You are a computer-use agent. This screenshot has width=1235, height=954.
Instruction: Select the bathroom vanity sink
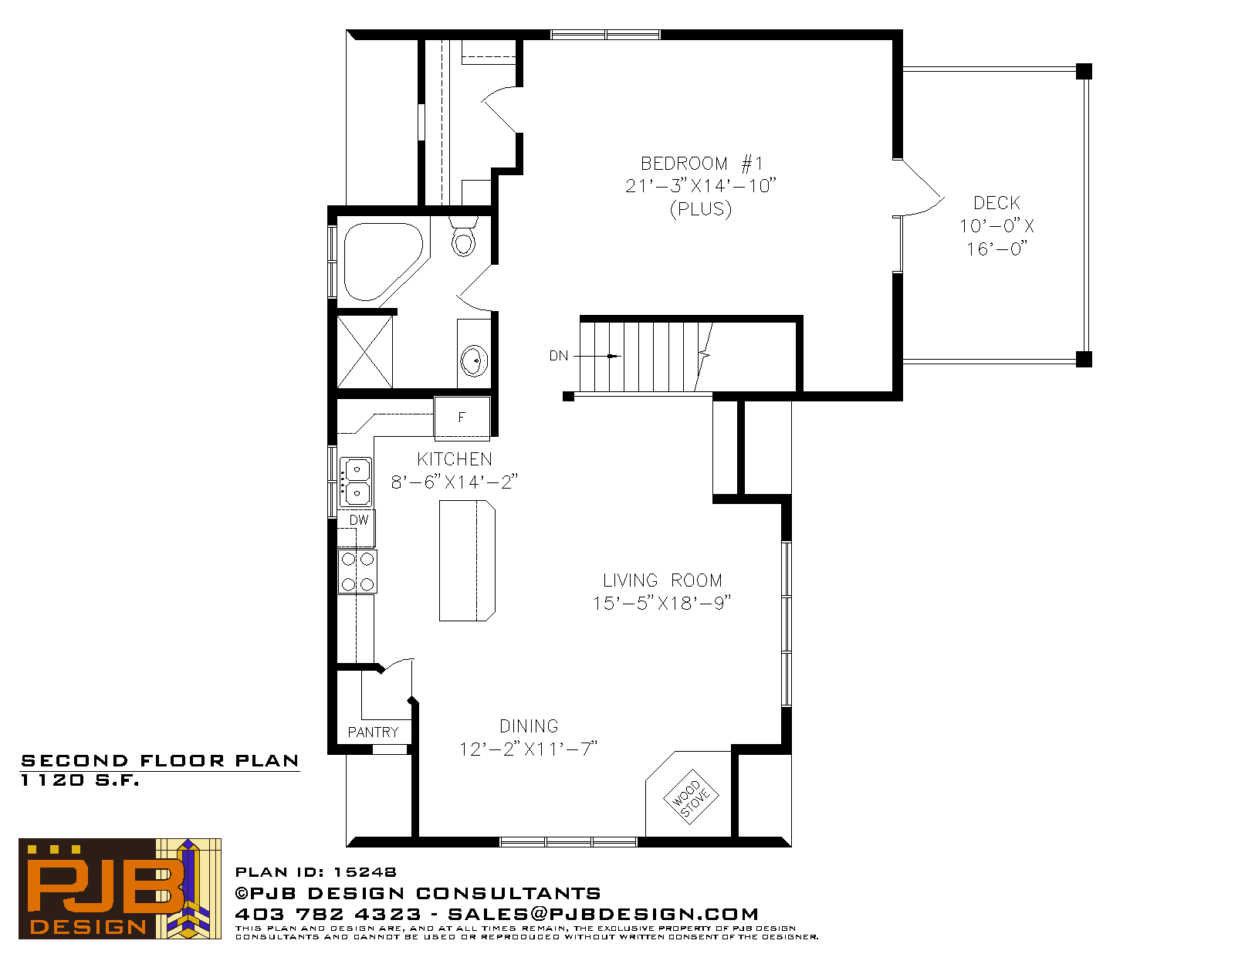pyautogui.click(x=474, y=360)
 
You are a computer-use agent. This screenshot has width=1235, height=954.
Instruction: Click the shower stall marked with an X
pyautogui.click(x=365, y=352)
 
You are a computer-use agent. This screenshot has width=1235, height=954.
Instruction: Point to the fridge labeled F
pyautogui.click(x=462, y=418)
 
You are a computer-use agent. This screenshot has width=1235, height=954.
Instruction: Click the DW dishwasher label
pyautogui.click(x=359, y=520)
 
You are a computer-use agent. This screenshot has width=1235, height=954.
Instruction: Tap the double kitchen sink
pyautogui.click(x=356, y=482)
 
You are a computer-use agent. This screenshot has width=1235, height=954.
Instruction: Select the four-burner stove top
pyautogui.click(x=357, y=572)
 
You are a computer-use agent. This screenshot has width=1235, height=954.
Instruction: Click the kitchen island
pyautogui.click(x=467, y=561)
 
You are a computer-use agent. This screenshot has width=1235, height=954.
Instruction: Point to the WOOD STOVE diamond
pyautogui.click(x=691, y=797)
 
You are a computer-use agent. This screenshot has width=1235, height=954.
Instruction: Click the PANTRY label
pyautogui.click(x=373, y=732)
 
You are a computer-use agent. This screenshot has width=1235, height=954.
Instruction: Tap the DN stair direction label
pyautogui.click(x=559, y=356)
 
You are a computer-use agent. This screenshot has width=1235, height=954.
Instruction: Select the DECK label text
pyautogui.click(x=996, y=203)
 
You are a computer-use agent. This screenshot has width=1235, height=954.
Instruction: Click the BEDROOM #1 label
pyautogui.click(x=702, y=164)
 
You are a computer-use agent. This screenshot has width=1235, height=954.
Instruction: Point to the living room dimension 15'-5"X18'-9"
pyautogui.click(x=662, y=603)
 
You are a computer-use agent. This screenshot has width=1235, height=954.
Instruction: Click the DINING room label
pyautogui.click(x=530, y=726)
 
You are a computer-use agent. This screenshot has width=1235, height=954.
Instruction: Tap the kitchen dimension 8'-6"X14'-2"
pyautogui.click(x=455, y=482)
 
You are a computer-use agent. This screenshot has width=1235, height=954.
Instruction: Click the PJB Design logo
pyautogui.click(x=120, y=888)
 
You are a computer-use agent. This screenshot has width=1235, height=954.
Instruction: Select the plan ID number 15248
pyautogui.click(x=365, y=872)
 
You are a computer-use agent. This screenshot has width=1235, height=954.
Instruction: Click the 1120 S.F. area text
pyautogui.click(x=80, y=780)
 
